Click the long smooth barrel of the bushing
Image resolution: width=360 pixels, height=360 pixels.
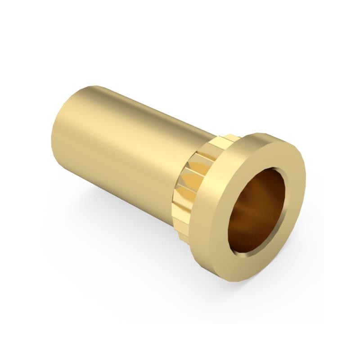(x=126, y=148)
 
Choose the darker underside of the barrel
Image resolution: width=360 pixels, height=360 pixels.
(x=126, y=189)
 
